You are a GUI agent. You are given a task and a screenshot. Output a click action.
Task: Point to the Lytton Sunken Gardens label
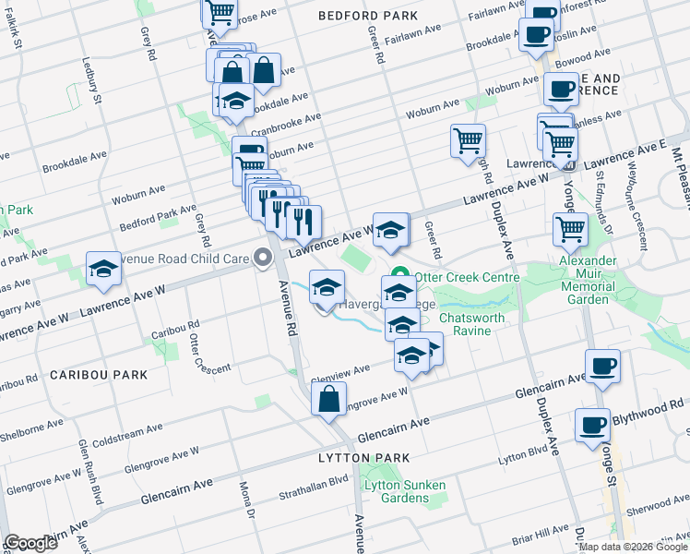pyautogui.click(x=404, y=491)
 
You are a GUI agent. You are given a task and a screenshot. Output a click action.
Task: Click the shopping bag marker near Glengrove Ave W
pyautogui.click(x=329, y=400)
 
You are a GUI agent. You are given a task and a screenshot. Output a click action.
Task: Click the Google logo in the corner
pyautogui.click(x=30, y=543)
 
